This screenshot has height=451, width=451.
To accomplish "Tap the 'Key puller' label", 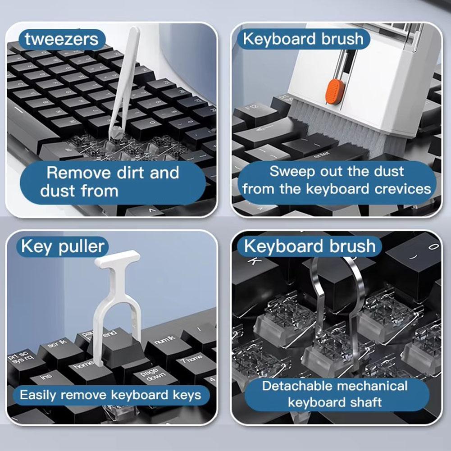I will coord(63,246).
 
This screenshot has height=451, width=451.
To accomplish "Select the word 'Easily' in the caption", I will coord(38,396).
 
